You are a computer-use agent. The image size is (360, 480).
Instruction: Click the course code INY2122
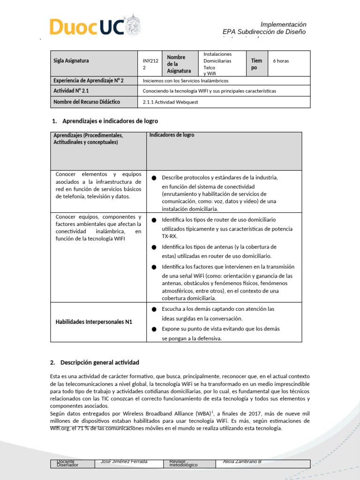tap(148, 64)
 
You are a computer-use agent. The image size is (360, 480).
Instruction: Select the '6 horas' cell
tap(281, 61)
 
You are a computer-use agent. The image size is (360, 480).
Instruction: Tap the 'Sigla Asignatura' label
tap(71, 60)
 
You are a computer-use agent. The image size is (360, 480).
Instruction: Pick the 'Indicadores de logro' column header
tap(172, 135)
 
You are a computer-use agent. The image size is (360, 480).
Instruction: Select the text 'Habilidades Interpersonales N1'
tap(94, 322)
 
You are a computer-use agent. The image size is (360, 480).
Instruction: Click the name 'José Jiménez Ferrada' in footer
tap(121, 462)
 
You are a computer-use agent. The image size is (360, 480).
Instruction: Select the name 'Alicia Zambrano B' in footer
tap(242, 462)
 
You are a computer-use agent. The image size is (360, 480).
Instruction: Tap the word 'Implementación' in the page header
tap(283, 24)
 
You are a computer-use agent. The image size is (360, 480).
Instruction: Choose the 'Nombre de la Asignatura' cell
tap(179, 64)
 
